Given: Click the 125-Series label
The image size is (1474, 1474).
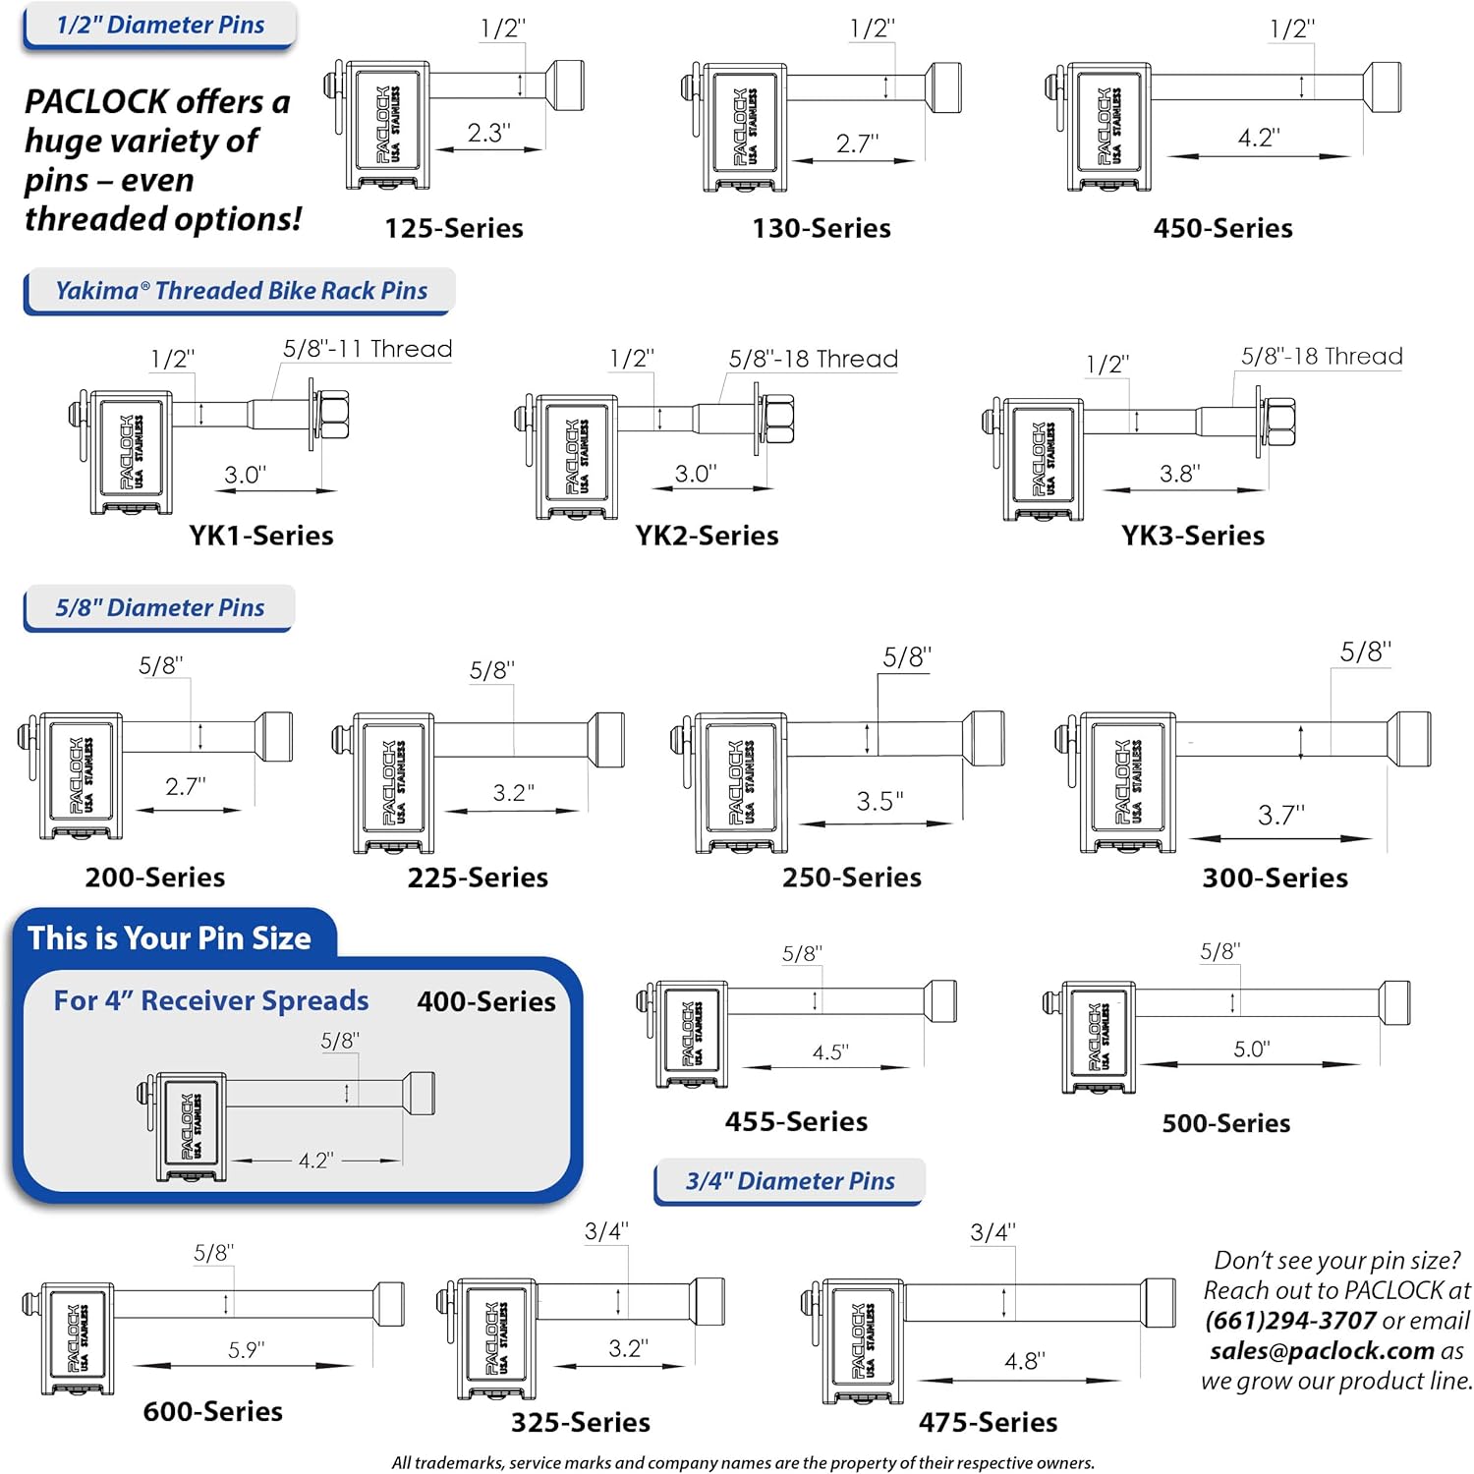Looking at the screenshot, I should coord(454,228).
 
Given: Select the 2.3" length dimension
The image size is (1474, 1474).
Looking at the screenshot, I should coord(488,133).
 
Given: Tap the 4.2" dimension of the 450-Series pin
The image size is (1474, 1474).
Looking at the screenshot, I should coord(1259,138).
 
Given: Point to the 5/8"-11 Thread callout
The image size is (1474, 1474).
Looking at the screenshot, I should coord(368,349).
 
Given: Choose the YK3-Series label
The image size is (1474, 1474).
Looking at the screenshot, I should coord(1193,536).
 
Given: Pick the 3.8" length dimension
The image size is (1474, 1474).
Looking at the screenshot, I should coord(1179,474).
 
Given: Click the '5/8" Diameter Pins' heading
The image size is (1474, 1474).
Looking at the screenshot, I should coord(159,608).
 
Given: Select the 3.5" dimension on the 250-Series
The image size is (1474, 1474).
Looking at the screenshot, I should coord(879,802).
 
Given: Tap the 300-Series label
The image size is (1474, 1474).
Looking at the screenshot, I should coord(1275,878).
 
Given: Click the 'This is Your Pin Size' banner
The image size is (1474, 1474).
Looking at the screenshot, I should coord(169,938).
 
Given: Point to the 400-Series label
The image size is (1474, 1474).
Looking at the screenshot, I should coord(486,1001).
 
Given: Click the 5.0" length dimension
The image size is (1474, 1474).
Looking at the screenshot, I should coord(1251,1049).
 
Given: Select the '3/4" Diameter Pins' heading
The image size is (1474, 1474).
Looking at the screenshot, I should coord(790,1181).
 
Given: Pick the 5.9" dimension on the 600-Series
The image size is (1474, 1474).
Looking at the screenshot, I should coord(246,1350).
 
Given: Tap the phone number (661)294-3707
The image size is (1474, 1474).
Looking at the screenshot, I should coord(1290,1321).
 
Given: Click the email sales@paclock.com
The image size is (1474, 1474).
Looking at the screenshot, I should coord(1322,1351).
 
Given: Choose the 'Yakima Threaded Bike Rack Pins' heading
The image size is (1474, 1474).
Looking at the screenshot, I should coord(241,291).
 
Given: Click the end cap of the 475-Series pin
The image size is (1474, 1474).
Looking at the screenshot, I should coord(1159,1304).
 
